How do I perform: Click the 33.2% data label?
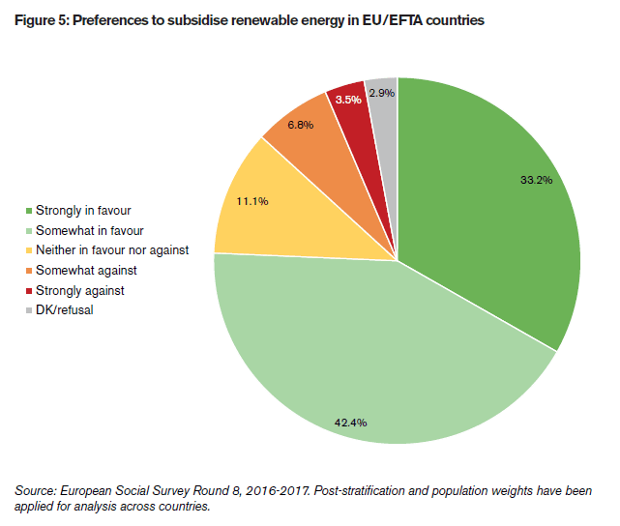click(x=535, y=181)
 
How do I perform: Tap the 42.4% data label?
click(x=350, y=422)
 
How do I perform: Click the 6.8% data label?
click(x=302, y=125)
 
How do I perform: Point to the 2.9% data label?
click(x=382, y=93)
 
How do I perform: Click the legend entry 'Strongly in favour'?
click(x=82, y=210)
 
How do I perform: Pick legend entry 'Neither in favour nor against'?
click(x=111, y=250)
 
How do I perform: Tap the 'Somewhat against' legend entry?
click(x=85, y=271)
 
